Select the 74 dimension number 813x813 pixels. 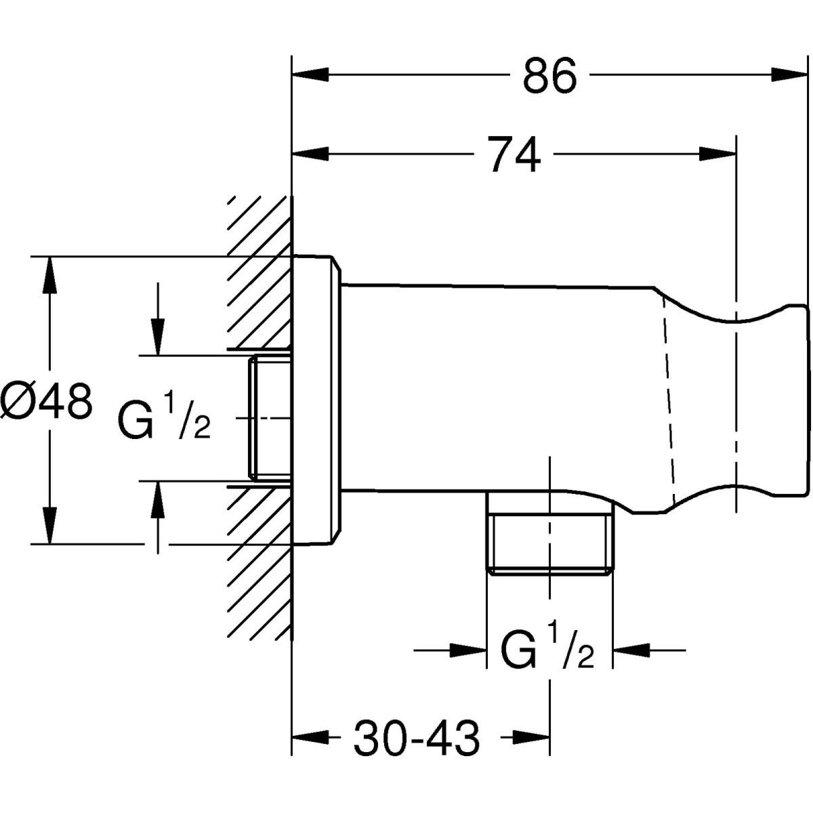tap(515, 154)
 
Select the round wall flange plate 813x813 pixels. tap(316, 400)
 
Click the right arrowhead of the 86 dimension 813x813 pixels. tap(793, 74)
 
